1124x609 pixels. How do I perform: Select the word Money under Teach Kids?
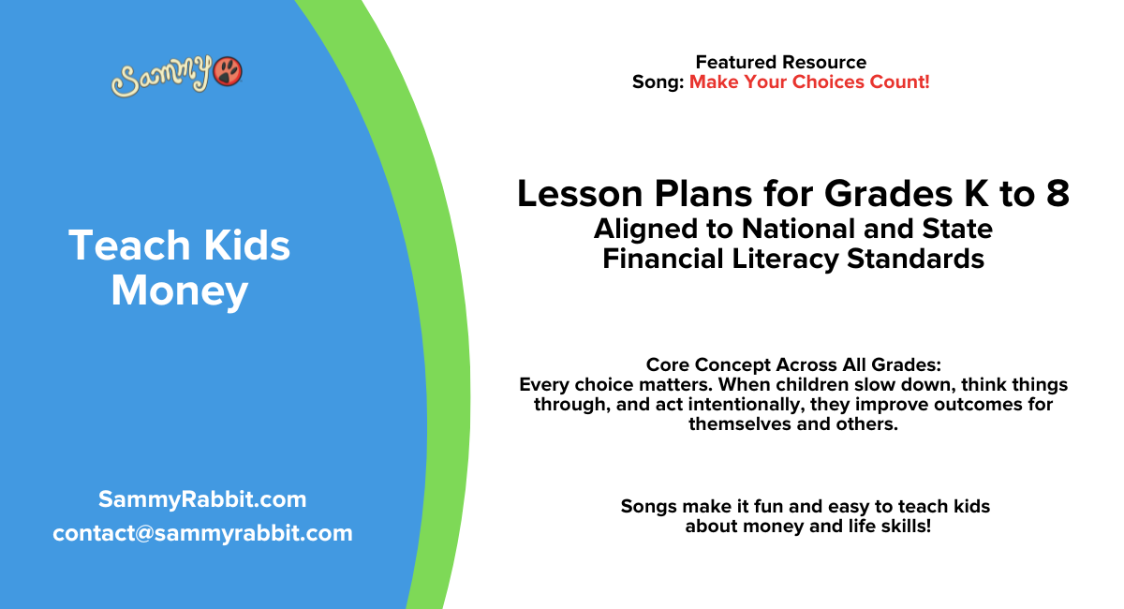(x=179, y=291)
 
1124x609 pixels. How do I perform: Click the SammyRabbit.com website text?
(x=202, y=499)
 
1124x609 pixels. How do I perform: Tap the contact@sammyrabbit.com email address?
(x=202, y=533)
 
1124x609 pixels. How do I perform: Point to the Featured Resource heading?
(x=780, y=63)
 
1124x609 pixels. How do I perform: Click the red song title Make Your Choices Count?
(x=809, y=82)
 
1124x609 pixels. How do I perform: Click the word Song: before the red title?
(x=658, y=82)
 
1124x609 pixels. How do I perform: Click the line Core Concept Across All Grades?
(x=792, y=365)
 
